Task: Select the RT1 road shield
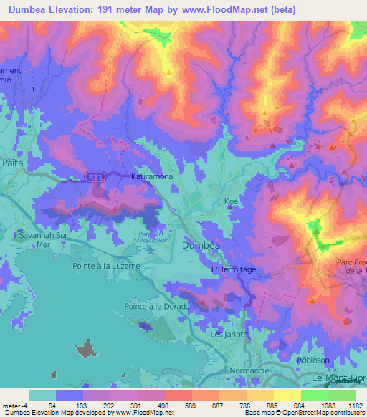click(93, 176)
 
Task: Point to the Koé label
click(230, 202)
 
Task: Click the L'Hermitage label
click(233, 269)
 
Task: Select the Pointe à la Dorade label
click(157, 307)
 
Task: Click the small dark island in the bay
click(87, 348)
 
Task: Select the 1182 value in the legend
click(353, 406)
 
